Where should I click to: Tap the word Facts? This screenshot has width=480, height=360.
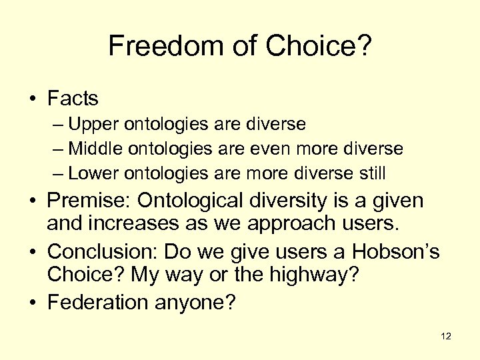73,99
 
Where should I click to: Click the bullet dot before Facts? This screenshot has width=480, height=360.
33,99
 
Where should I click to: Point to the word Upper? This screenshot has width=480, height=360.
90,124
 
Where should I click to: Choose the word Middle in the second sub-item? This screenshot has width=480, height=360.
93,149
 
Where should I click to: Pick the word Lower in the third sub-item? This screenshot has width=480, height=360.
91,173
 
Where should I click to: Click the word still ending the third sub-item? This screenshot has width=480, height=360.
370,173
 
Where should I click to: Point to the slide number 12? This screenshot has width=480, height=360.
446,336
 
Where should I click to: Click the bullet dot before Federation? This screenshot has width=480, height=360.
33,303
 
